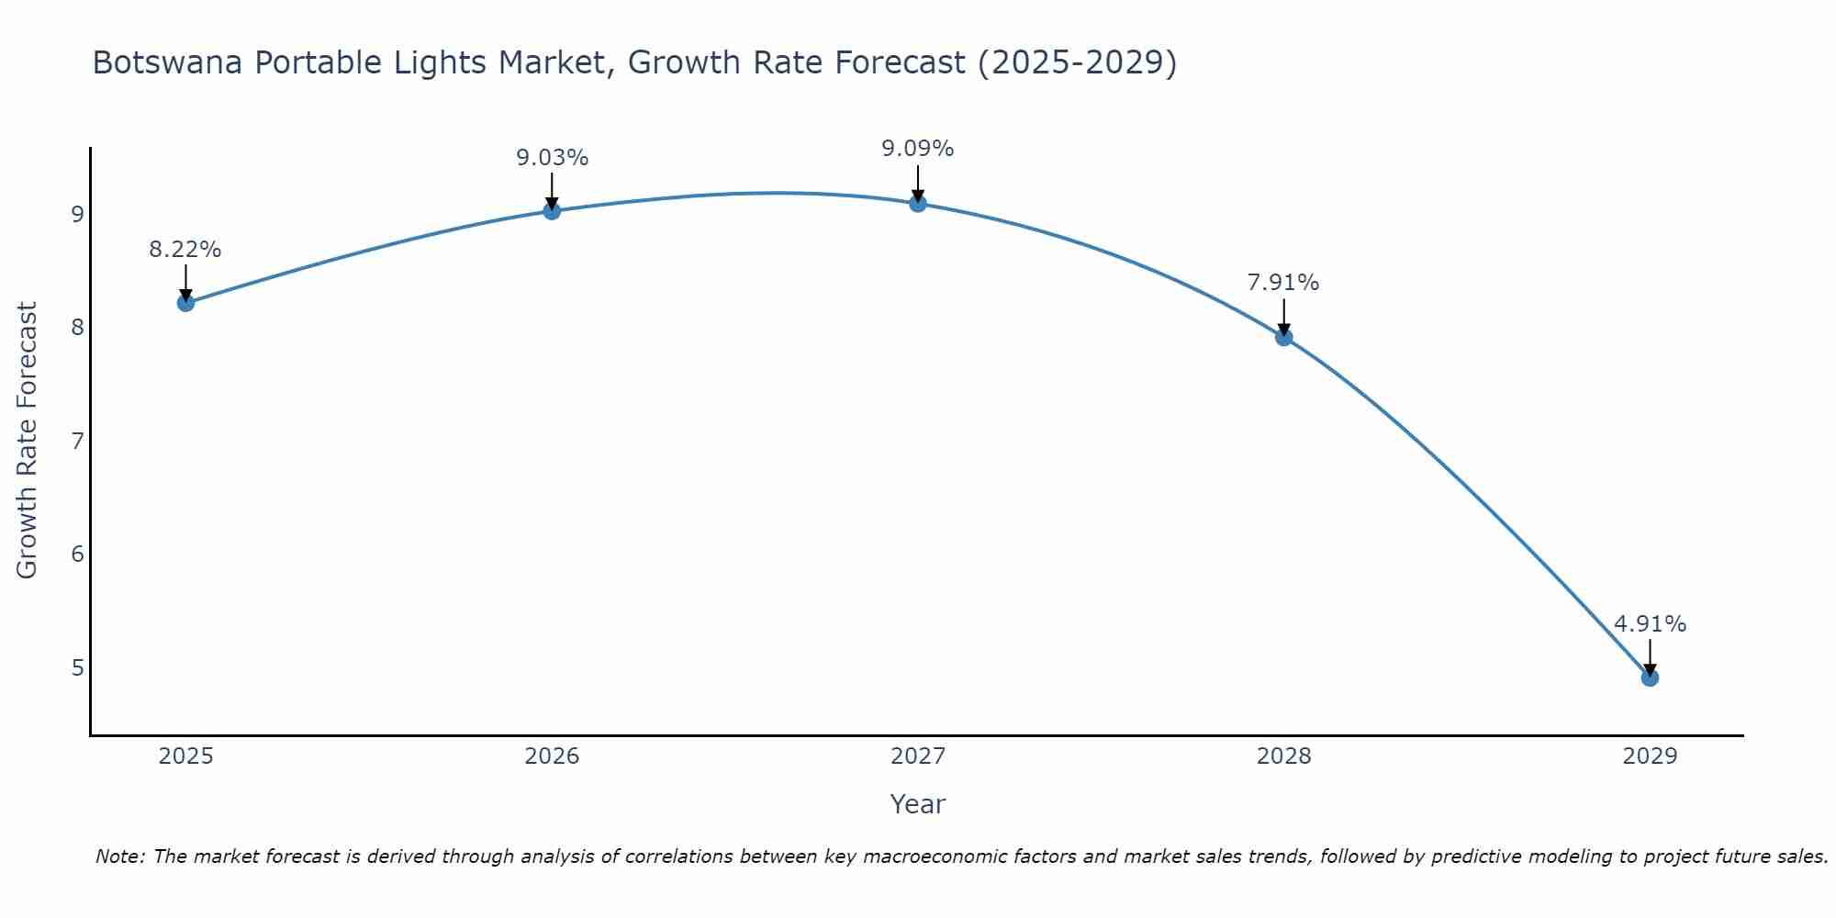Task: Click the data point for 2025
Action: click(x=185, y=303)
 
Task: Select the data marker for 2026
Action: click(x=552, y=211)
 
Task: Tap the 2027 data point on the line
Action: click(x=918, y=204)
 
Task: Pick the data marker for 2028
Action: click(x=1284, y=338)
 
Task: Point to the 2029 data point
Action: click(x=1650, y=678)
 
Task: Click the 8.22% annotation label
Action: click(x=185, y=250)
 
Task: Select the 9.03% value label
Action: click(x=552, y=158)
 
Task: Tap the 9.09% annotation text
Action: click(x=918, y=149)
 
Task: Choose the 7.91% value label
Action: click(x=1283, y=283)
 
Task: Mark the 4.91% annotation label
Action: click(x=1650, y=624)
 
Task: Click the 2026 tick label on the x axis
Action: click(x=552, y=756)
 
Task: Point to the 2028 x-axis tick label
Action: click(x=1284, y=756)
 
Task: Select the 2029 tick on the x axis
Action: click(x=1650, y=756)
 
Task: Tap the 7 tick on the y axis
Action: click(x=77, y=441)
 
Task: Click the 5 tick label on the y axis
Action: click(x=77, y=667)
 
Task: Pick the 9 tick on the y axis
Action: click(x=77, y=214)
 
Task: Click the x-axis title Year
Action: click(x=918, y=804)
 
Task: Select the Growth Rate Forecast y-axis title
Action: click(x=28, y=441)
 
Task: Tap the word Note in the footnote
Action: click(x=118, y=856)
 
